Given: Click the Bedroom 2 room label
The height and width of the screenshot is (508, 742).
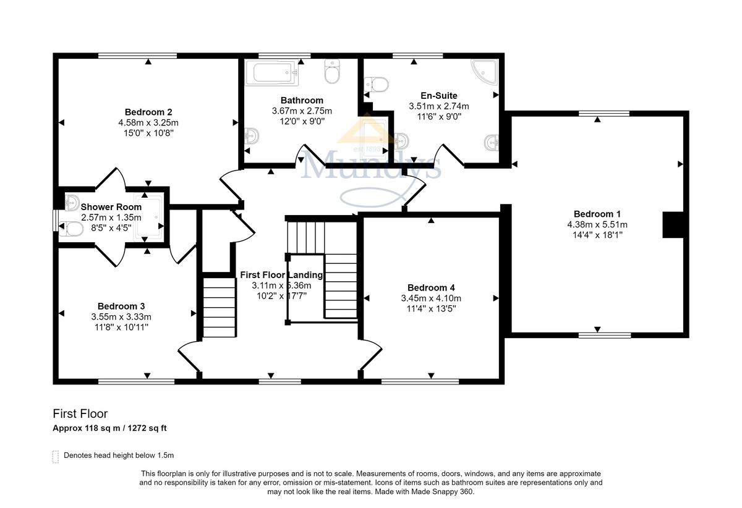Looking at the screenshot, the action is coord(148,112).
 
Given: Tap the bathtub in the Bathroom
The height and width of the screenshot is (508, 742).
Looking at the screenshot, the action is coord(271,72).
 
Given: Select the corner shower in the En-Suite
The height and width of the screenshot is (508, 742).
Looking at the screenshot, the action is coord(485,73).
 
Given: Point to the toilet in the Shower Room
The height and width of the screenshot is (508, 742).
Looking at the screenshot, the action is coord(71,229).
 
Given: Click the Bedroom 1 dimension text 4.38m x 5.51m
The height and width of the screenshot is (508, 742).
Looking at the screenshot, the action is coord(597,224).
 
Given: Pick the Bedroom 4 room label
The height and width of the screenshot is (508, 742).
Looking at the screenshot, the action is coord(431,287).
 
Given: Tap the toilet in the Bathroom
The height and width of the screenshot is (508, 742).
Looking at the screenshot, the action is coord(332,72).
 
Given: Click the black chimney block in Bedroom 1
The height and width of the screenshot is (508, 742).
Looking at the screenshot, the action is coord(673,225).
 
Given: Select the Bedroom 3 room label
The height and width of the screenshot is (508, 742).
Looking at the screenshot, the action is coord(121,306).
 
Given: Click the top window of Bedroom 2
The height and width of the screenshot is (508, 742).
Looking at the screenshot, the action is coord(137,56).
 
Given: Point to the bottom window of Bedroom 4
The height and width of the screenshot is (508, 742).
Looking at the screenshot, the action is coord(420,381).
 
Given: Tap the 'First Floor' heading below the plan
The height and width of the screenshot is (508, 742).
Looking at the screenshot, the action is coord(80,413).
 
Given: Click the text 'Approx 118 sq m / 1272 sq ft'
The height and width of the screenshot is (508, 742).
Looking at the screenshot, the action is coord(109,428).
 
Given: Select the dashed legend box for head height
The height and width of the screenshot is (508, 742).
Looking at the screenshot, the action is coord(56,457).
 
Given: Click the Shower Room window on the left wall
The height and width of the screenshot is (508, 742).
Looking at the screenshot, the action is coord(56,220).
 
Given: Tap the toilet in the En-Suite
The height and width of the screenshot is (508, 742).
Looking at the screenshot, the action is coord(377,85).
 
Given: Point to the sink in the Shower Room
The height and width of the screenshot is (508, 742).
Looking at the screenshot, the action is coord(72,203).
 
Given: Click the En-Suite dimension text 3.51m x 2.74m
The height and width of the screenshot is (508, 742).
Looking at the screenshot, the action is coord(439,106).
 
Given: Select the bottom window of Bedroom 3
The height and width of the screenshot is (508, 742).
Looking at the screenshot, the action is coord(136,381).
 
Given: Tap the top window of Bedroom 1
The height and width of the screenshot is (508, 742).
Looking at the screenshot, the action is coord(604,114).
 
